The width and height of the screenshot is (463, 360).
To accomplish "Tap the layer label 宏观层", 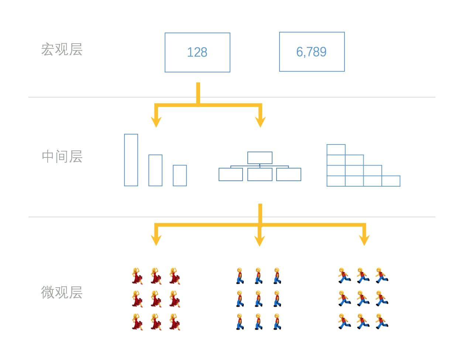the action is pos(62,50).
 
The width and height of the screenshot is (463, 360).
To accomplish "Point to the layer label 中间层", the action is pos(62,157).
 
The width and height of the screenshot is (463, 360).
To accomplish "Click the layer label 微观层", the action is pos(62,292).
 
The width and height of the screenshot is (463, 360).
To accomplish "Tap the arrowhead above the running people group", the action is pos(364,241).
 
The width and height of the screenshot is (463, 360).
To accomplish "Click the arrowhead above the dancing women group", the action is pos(156,241).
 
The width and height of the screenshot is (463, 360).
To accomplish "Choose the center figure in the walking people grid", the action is pos(258,299).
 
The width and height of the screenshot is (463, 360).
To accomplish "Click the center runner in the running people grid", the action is pos(363,298).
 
